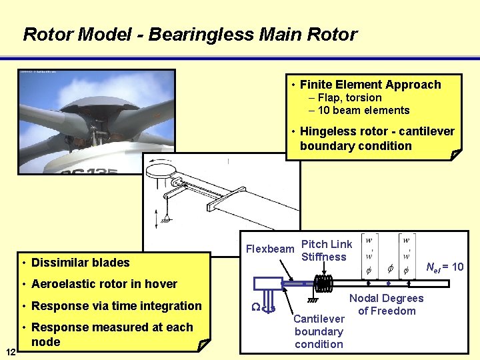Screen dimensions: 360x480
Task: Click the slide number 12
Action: tap(10, 351)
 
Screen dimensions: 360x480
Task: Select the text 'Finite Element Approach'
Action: tap(370, 85)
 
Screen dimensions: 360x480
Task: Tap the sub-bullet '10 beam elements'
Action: tap(363, 110)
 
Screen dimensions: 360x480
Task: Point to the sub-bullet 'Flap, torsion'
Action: tap(349, 97)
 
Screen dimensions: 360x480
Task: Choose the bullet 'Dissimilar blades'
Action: tap(80, 262)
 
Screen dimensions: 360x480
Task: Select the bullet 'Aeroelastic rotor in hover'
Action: tap(104, 283)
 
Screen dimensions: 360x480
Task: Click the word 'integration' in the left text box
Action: tap(170, 305)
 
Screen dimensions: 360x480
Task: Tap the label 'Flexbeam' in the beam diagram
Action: tap(270, 249)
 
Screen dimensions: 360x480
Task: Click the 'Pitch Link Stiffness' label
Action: tap(327, 251)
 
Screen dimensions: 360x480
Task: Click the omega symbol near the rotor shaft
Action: tap(255, 306)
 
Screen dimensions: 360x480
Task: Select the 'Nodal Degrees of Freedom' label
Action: tap(386, 305)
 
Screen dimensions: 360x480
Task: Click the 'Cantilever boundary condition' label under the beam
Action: tap(319, 331)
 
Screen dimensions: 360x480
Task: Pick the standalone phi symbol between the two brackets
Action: tap(390, 269)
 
